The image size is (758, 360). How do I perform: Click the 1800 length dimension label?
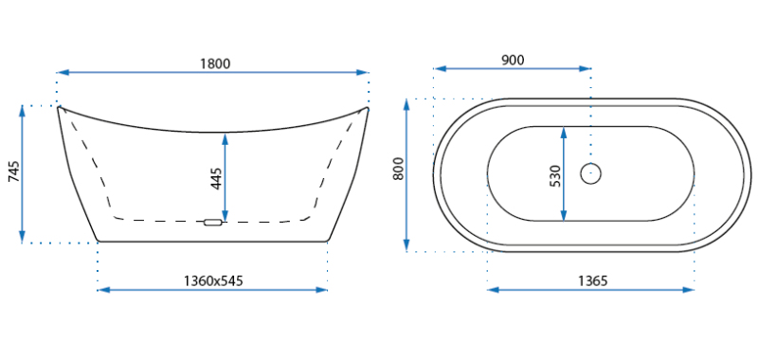pyautogui.click(x=215, y=63)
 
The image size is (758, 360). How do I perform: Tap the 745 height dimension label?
pyautogui.click(x=14, y=171)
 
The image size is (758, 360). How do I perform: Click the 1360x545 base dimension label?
pyautogui.click(x=213, y=280)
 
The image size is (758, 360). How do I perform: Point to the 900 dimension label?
pyautogui.click(x=513, y=60)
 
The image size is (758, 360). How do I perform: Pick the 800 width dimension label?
pyautogui.click(x=398, y=169)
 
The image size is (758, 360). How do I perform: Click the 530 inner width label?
pyautogui.click(x=554, y=176)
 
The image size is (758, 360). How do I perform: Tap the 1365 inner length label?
pyautogui.click(x=593, y=280)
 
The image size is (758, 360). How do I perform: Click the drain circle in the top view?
pyautogui.click(x=590, y=173)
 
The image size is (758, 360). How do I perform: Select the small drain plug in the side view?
pyautogui.click(x=212, y=223)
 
